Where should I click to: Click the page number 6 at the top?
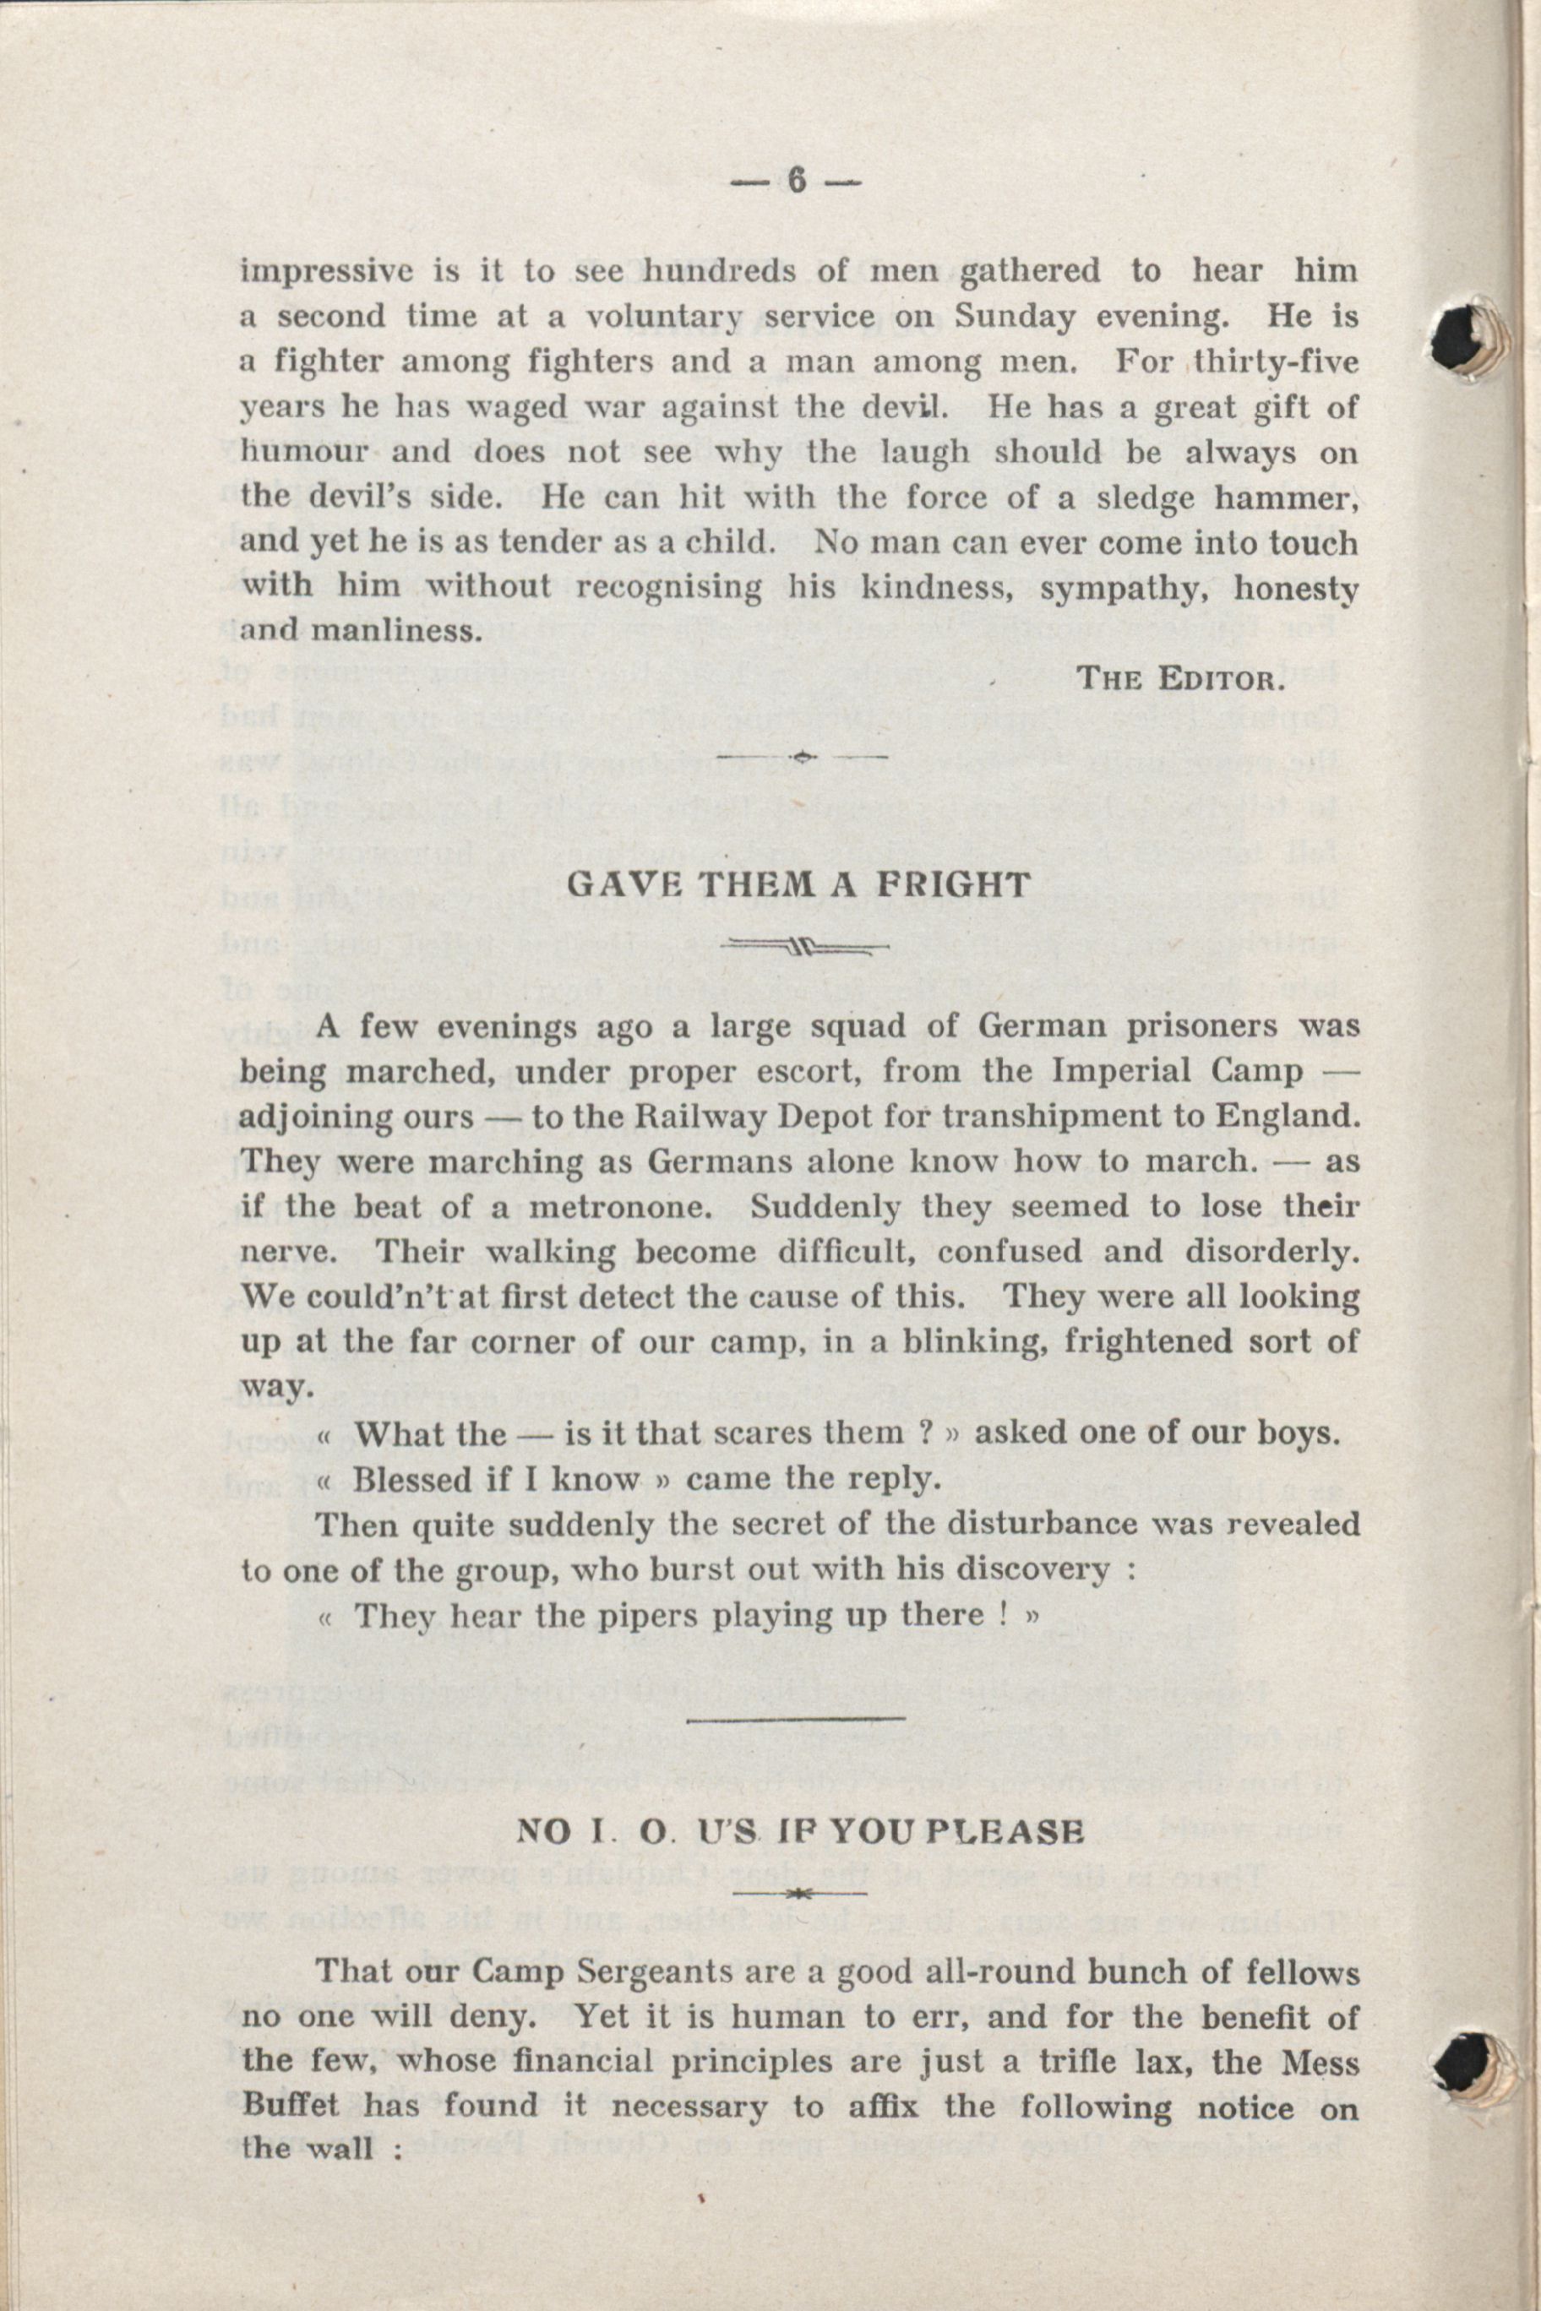coord(795,182)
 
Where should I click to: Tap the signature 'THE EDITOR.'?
coord(1182,680)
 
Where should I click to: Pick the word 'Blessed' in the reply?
coord(411,1481)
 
